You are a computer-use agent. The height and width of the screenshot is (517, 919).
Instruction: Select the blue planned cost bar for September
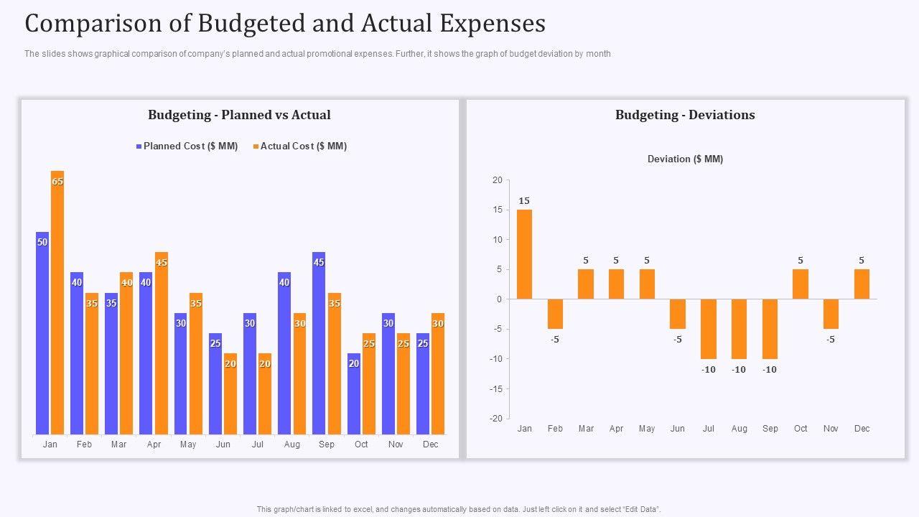[319, 343]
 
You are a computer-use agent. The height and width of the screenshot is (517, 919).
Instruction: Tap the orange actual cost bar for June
[230, 393]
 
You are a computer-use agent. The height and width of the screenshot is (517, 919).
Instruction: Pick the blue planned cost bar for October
[354, 393]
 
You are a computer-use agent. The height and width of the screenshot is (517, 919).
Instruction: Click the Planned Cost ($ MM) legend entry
[187, 146]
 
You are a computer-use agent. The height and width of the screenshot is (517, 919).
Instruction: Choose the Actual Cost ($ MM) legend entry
[300, 146]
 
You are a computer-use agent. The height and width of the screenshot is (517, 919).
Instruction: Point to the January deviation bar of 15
[524, 254]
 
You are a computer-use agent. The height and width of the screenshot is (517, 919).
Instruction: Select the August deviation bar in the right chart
[739, 329]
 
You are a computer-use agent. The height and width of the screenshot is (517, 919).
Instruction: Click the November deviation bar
[831, 314]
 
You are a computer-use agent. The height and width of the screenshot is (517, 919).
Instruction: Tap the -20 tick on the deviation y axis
[498, 419]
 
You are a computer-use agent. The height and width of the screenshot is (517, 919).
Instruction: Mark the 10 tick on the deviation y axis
[498, 240]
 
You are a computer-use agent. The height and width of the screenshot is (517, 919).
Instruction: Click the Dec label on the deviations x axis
[862, 429]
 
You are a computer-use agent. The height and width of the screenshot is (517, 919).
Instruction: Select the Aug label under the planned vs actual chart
[292, 444]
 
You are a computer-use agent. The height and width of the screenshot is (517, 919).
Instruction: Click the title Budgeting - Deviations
[685, 115]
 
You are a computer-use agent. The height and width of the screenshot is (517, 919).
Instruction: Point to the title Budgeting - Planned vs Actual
[239, 115]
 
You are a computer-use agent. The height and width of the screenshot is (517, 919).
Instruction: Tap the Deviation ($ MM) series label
[685, 159]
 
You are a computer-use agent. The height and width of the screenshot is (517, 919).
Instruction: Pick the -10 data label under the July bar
[709, 370]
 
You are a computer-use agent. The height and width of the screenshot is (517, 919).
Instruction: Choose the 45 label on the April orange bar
[162, 263]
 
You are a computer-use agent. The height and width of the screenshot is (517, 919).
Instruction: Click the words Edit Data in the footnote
[643, 509]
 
